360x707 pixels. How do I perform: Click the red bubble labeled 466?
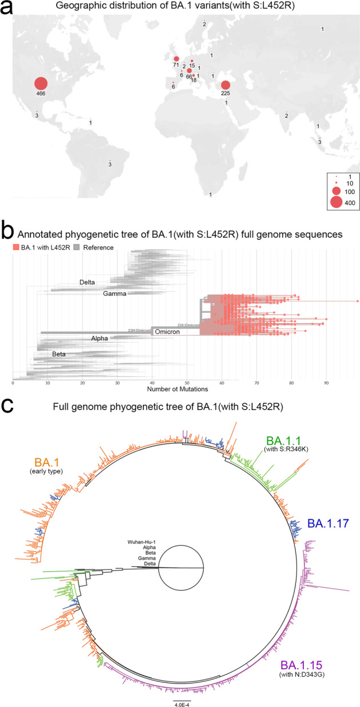tap(41, 84)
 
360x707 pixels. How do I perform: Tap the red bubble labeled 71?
tap(176, 59)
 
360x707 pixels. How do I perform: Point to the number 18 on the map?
tap(193, 81)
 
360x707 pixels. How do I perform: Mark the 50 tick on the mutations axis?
tap(187, 383)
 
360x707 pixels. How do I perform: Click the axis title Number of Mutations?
tap(177, 390)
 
